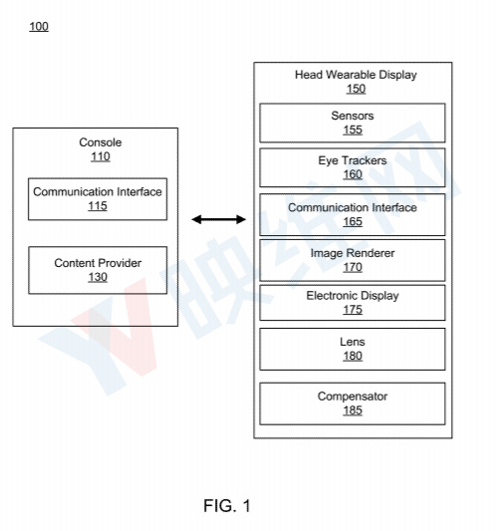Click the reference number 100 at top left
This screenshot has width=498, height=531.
(x=39, y=27)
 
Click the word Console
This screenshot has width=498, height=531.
(x=101, y=142)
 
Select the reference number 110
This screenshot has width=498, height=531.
(x=101, y=156)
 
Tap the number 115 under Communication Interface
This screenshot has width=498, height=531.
(x=98, y=205)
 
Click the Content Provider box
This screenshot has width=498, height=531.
(x=98, y=270)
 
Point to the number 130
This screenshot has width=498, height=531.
(x=98, y=277)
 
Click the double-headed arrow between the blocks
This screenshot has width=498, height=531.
(x=219, y=219)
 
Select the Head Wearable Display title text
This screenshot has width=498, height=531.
(x=356, y=75)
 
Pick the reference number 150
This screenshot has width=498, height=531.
(x=356, y=89)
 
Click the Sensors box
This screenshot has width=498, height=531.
(x=353, y=123)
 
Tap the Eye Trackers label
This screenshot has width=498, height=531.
(x=353, y=160)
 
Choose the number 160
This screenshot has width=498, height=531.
(x=353, y=174)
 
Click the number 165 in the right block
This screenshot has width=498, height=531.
(x=353, y=221)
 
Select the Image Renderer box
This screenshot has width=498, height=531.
(x=353, y=260)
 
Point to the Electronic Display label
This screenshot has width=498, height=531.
(x=353, y=296)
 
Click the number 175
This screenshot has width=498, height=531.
(x=353, y=310)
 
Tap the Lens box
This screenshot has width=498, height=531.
(x=353, y=349)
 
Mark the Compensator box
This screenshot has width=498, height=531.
(x=353, y=403)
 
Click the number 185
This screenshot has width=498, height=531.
(x=353, y=410)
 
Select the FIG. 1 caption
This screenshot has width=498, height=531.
(x=227, y=506)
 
